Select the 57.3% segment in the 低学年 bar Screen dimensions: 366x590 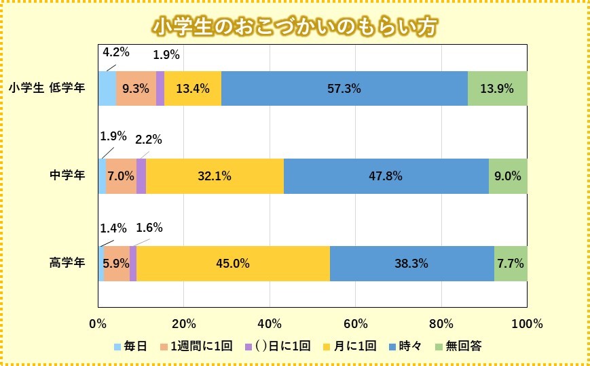click(344, 88)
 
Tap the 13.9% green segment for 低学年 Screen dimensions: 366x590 click(497, 88)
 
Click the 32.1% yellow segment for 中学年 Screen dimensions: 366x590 click(215, 176)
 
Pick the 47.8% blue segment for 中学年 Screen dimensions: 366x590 click(386, 176)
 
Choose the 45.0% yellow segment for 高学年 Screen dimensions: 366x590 click(233, 264)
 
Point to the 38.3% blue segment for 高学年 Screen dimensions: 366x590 click(411, 264)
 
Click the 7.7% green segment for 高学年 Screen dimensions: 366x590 click(510, 264)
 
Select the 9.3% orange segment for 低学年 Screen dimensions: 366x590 click(136, 88)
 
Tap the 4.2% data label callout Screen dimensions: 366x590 click(115, 52)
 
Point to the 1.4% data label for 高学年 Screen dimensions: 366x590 click(113, 228)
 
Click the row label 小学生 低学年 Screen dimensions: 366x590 click(47, 87)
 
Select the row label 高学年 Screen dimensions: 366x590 click(67, 263)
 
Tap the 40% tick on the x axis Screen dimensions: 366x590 click(270, 323)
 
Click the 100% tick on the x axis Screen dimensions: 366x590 click(528, 323)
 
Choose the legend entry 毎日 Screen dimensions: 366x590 click(130, 346)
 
